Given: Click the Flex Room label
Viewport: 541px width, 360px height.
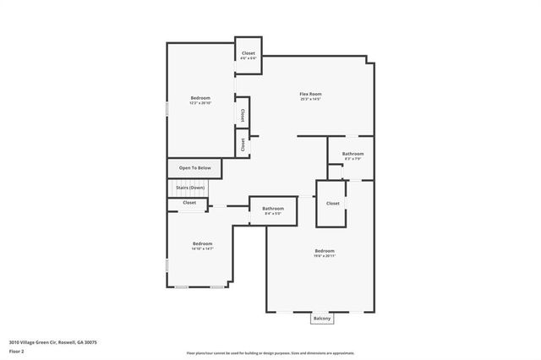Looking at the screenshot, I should tap(310, 94).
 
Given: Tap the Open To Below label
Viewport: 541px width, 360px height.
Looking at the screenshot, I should tap(194, 168).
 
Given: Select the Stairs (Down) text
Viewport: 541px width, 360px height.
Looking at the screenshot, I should tap(190, 187).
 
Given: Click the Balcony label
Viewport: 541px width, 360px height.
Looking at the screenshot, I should tap(322, 319).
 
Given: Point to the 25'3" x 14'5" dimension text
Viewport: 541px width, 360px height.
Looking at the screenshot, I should tap(310, 100).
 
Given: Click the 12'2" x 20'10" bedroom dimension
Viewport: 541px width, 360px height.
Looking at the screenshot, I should tap(200, 103).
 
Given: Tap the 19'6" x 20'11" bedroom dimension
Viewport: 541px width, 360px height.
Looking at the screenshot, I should tap(325, 255).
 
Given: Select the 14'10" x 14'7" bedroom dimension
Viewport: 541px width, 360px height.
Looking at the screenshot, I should tap(201, 248).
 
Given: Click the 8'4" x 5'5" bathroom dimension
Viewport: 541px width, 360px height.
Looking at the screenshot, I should tap(272, 214).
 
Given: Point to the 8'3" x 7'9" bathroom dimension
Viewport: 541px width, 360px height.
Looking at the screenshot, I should tap(352, 159).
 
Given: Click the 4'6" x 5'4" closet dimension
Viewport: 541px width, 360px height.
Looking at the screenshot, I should tap(248, 58).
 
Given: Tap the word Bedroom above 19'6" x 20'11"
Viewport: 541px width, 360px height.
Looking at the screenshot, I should tap(325, 250).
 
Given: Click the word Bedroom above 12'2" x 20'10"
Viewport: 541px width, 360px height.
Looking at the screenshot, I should tap(200, 98).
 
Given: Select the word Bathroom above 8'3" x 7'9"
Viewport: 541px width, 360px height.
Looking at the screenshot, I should tap(352, 154).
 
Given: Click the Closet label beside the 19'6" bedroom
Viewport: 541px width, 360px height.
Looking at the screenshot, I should tap(332, 203).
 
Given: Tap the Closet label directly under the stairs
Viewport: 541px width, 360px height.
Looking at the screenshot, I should tap(189, 203).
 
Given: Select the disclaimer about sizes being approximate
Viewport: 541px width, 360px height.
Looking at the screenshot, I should tap(270, 352).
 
